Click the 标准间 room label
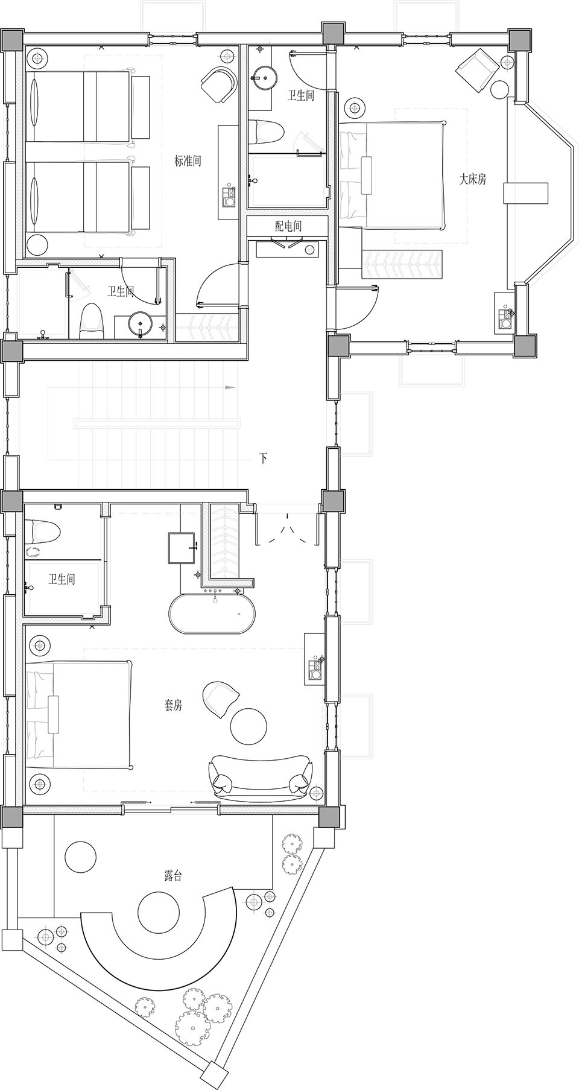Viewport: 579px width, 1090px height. click(x=188, y=161)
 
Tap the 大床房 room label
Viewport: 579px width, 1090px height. click(x=473, y=179)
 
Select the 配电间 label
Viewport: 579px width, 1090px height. click(x=288, y=226)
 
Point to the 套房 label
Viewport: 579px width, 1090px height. click(x=173, y=705)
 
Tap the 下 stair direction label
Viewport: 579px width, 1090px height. click(x=263, y=458)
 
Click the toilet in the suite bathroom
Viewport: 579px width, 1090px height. click(x=43, y=532)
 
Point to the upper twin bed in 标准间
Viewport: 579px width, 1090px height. click(x=80, y=107)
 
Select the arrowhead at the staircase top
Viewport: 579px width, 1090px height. click(x=229, y=387)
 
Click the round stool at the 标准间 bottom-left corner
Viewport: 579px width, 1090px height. click(x=37, y=245)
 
